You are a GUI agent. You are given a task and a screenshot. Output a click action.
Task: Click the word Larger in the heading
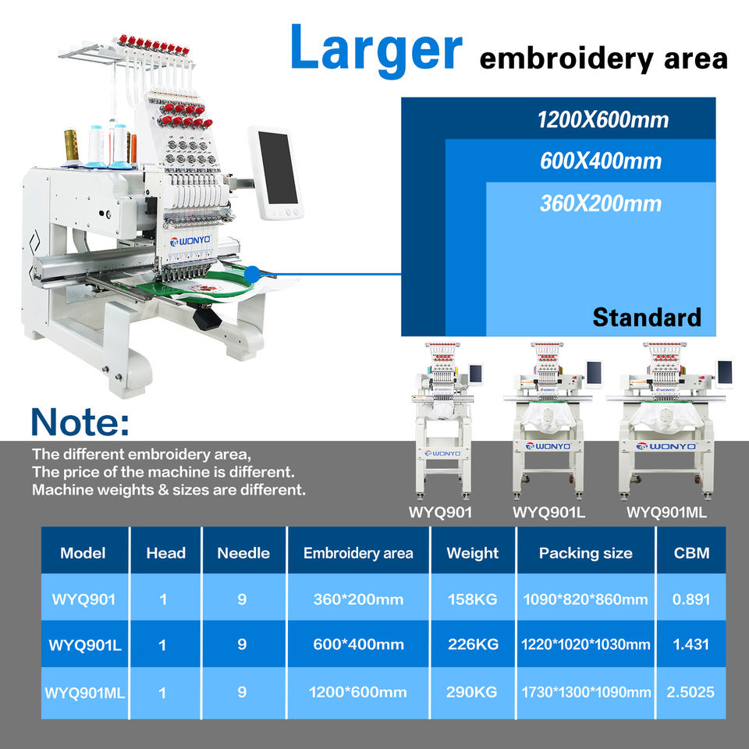click(376, 48)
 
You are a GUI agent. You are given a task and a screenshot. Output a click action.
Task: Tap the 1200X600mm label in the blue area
click(602, 120)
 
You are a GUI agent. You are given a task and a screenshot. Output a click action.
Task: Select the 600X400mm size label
click(601, 162)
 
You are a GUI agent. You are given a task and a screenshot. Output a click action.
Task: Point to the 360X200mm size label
click(601, 204)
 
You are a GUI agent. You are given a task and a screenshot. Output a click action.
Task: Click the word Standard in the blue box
click(647, 317)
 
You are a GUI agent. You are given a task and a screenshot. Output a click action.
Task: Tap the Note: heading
click(80, 421)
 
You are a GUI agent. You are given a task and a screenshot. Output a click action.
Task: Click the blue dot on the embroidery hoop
click(251, 274)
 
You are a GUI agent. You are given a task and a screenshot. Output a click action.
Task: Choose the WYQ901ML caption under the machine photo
click(667, 513)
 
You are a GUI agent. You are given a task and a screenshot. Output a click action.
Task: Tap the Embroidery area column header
click(358, 553)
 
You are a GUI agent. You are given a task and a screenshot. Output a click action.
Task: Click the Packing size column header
click(585, 553)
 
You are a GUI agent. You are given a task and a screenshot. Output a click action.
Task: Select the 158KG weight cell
click(472, 599)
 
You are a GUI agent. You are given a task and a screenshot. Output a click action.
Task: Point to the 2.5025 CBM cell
click(690, 692)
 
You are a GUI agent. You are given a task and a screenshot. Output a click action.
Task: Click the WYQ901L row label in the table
click(83, 645)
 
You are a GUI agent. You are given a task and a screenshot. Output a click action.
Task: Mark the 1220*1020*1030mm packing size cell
click(585, 645)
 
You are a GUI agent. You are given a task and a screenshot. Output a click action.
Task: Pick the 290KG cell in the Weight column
click(472, 692)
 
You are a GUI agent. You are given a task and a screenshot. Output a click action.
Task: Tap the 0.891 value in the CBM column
click(690, 599)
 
